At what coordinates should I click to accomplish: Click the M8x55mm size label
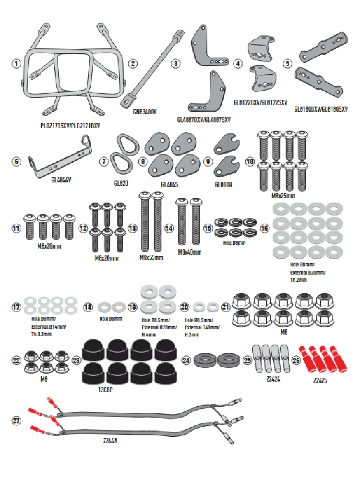point(151,258)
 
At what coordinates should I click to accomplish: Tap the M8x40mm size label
point(190,252)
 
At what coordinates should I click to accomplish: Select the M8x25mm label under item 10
point(283,196)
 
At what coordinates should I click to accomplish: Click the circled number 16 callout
point(264,228)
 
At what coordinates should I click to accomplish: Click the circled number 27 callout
point(17,420)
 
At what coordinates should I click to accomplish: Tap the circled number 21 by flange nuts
point(226,306)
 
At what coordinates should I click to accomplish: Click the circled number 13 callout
point(132,228)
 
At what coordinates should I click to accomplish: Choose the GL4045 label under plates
point(169,184)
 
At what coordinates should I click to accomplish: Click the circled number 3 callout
point(177,63)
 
